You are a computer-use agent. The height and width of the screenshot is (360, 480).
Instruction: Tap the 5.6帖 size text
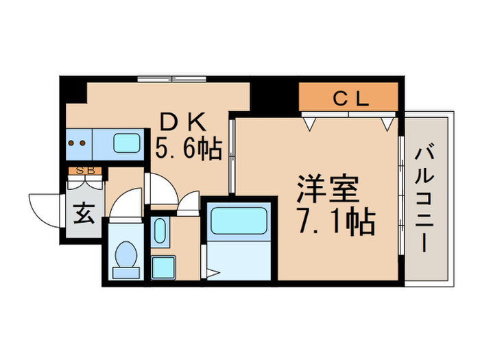tap(189, 148)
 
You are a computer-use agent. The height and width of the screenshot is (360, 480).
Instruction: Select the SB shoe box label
tap(84, 172)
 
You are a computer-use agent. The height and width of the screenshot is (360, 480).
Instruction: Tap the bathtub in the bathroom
tap(240, 221)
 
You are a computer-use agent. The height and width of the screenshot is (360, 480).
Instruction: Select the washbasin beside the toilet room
tap(160, 232)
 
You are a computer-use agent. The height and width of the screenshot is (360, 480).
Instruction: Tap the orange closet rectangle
tap(349, 97)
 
